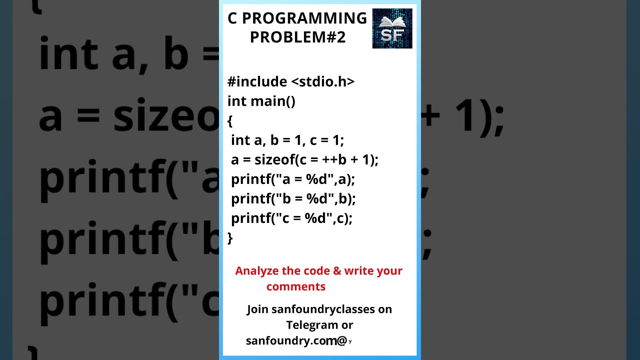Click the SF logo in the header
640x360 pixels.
coord(392,28)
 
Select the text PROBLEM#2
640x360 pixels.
coord(297,37)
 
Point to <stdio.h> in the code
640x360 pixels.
coord(322,81)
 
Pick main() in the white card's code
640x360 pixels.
coord(272,101)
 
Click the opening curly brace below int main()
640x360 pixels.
coord(230,120)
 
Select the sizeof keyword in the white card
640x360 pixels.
coord(274,160)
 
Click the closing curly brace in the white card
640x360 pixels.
coord(230,238)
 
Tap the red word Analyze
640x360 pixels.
coord(257,271)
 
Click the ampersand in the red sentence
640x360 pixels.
coord(337,271)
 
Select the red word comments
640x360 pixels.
coord(295,286)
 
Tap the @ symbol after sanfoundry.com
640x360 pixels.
coord(342,341)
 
